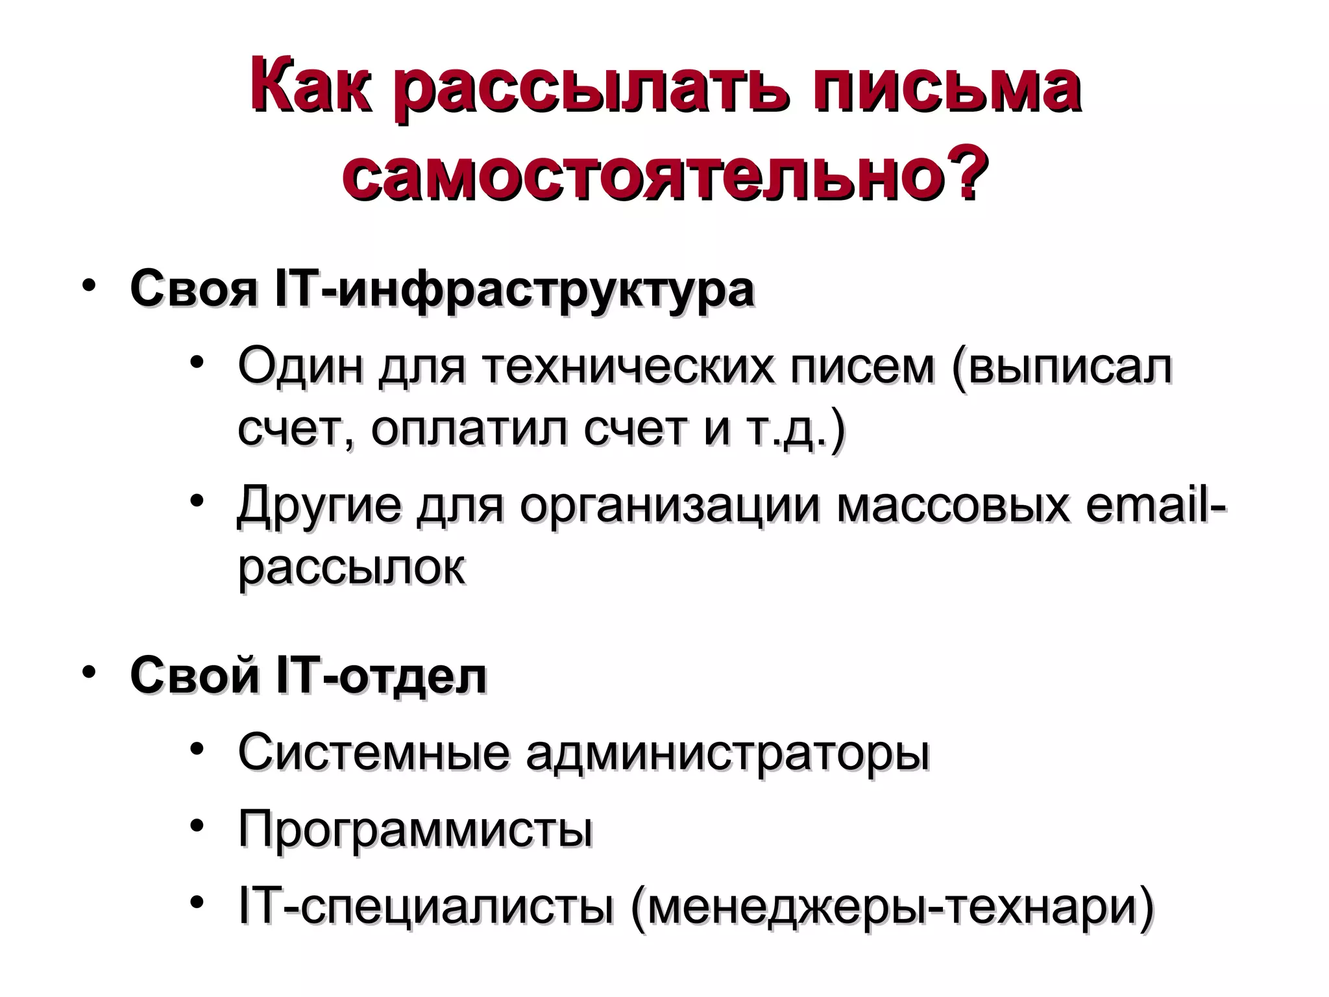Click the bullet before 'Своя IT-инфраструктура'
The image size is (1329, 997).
[x=90, y=286]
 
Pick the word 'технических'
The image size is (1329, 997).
[x=628, y=367]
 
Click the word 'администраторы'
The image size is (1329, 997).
[x=727, y=754]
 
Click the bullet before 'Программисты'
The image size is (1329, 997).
[x=198, y=826]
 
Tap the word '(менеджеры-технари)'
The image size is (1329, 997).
[x=892, y=907]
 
